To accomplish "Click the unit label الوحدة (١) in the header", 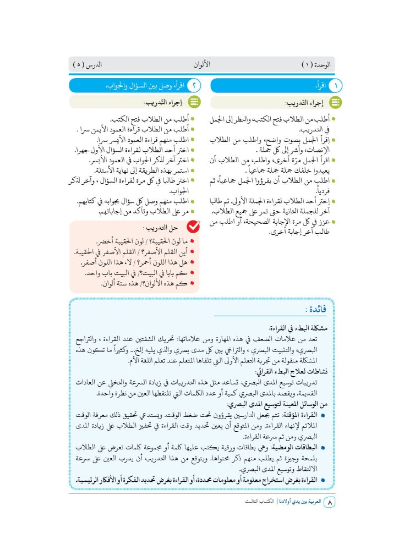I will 316,65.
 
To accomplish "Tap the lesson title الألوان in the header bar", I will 202,65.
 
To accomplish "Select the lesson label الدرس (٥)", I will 88,65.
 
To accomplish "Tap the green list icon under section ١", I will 334,102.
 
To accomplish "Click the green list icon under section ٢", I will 193,102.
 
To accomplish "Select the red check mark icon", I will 193,227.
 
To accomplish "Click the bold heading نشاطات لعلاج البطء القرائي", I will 294,371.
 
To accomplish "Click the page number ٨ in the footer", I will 329,503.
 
